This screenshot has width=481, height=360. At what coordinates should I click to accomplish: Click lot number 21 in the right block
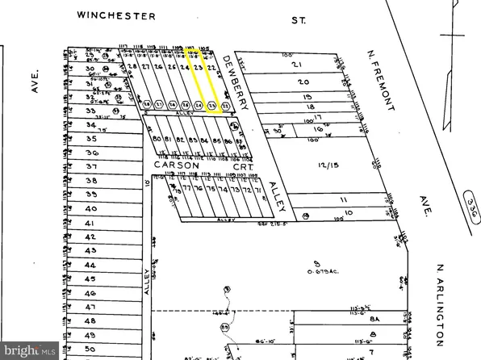pyautogui.click(x=295, y=65)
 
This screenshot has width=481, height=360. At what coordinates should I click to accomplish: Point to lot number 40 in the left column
pyautogui.click(x=90, y=207)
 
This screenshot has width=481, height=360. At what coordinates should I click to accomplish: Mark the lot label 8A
pyautogui.click(x=374, y=319)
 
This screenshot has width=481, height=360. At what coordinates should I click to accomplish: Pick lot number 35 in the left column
pyautogui.click(x=90, y=139)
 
